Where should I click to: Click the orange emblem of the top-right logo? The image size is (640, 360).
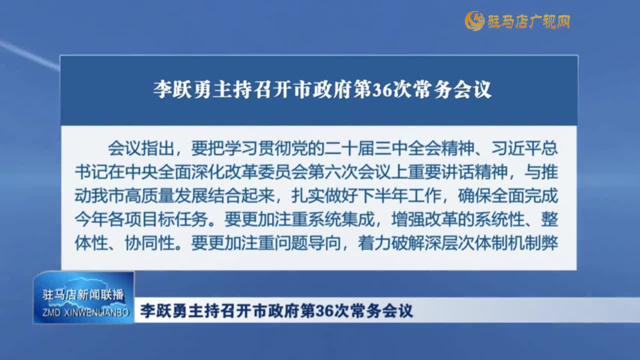pyautogui.click(x=475, y=21)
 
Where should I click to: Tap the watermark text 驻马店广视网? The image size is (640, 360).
pyautogui.click(x=529, y=21)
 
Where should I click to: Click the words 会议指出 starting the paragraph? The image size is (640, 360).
pyautogui.click(x=141, y=148)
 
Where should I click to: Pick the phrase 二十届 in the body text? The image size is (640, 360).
pyautogui.click(x=349, y=148)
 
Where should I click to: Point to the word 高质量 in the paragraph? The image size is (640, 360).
pyautogui.click(x=149, y=196)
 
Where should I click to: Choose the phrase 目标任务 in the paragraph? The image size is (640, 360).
pyautogui.click(x=174, y=219)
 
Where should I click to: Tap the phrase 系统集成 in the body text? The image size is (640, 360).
pyautogui.click(x=341, y=219)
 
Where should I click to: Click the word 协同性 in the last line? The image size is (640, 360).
pyautogui.click(x=149, y=243)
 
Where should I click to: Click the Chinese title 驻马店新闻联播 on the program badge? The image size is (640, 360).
pyautogui.click(x=83, y=295)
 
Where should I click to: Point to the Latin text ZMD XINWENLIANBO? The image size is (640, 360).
pyautogui.click(x=85, y=312)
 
